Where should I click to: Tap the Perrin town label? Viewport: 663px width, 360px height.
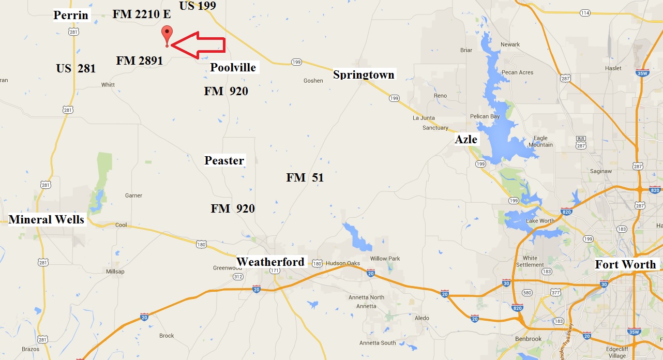tap(71, 16)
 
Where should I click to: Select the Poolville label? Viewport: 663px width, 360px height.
tap(233, 68)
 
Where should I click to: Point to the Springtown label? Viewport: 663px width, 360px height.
tap(364, 75)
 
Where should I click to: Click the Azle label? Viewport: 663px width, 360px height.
tap(466, 140)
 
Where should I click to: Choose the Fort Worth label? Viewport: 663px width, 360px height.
tap(625, 265)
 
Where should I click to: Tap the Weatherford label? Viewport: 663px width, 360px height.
tap(270, 262)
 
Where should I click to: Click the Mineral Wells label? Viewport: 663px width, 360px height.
tap(47, 220)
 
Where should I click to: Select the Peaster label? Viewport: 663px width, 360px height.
tap(224, 160)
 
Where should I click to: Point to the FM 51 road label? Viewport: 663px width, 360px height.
tap(305, 178)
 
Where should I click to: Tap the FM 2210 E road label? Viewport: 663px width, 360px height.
tap(142, 14)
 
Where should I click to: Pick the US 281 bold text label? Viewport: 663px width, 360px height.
tap(76, 68)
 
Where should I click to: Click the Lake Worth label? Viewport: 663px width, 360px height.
tap(540, 221)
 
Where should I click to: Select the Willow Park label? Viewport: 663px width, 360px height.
tap(385, 259)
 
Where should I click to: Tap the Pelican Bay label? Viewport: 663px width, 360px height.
tap(485, 116)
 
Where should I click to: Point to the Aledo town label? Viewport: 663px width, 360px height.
tap(422, 318)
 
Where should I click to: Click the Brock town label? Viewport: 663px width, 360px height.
tap(167, 336)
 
